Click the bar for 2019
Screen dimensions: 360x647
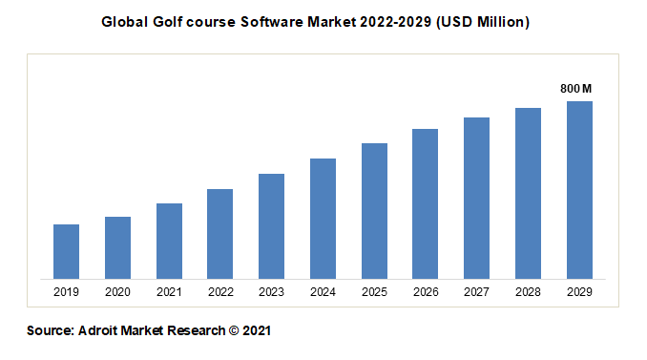pyautogui.click(x=66, y=252)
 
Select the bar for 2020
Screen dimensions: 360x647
pyautogui.click(x=117, y=248)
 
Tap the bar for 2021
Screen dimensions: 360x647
pyautogui.click(x=169, y=242)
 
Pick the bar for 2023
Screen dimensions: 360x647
pyautogui.click(x=272, y=226)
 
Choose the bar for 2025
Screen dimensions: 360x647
pyautogui.click(x=374, y=211)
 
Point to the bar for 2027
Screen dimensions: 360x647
pyautogui.click(x=477, y=199)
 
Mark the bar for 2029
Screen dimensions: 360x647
pyautogui.click(x=579, y=190)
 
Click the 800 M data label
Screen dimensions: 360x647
pyautogui.click(x=576, y=89)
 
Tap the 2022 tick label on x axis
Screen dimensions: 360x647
pyautogui.click(x=220, y=292)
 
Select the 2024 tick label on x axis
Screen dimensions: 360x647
pyautogui.click(x=323, y=292)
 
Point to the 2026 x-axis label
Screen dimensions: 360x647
pyautogui.click(x=426, y=292)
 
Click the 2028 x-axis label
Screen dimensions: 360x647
pyautogui.click(x=528, y=292)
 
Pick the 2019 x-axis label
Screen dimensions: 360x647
pyautogui.click(x=66, y=292)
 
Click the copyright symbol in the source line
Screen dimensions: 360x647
pyautogui.click(x=233, y=331)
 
